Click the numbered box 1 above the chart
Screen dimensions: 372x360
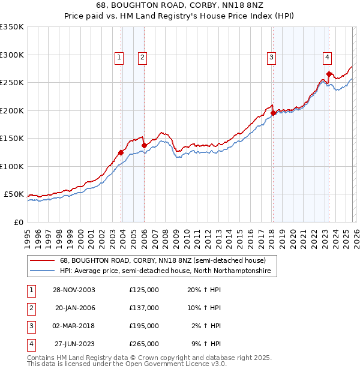[x=119, y=58]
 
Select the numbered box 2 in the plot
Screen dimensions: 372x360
[x=142, y=58]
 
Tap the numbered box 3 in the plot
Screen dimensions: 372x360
[x=271, y=58]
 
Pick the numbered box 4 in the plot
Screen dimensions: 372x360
[x=328, y=58]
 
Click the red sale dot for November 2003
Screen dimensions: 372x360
[x=121, y=152]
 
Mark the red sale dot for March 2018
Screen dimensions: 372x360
[x=273, y=113]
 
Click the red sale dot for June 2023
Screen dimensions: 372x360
[x=329, y=74]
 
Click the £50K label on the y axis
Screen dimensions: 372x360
[x=14, y=194]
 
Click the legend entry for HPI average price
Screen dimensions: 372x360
[x=166, y=271]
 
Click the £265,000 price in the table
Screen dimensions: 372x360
[x=144, y=344]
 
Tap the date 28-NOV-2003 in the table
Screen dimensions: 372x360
[x=75, y=289]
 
